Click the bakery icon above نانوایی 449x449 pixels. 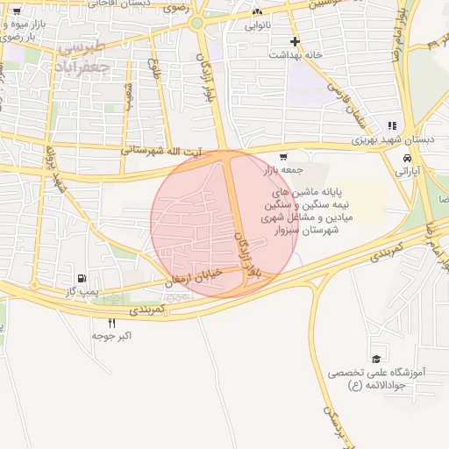coord(257,13)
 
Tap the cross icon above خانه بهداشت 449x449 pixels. coord(296,41)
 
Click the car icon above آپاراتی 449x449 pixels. coord(408,158)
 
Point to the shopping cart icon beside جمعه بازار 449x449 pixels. coord(282,158)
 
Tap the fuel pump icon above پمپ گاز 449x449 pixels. coord(82,275)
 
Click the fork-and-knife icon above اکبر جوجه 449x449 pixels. coord(110,323)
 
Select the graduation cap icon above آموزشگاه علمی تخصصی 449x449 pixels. coord(375,360)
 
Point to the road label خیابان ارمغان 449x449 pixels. coord(195,278)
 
